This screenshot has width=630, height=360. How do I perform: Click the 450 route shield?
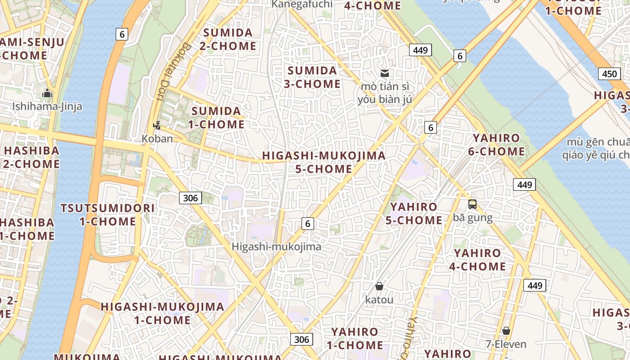point(609,74)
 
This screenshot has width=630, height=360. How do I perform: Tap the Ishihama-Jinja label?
point(47,107)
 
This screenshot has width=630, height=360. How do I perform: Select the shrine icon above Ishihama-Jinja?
point(47,94)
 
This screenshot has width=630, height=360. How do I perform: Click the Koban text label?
point(157,139)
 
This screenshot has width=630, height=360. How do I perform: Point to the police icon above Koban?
point(157,126)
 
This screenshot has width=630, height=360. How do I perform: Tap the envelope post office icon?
point(384,73)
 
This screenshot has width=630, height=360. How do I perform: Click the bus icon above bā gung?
point(472,204)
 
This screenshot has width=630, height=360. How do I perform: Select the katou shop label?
point(379,299)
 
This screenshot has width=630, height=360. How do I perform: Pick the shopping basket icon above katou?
point(379,286)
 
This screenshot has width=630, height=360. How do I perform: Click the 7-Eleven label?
point(506,344)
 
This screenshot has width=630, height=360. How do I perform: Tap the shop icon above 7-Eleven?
point(506,331)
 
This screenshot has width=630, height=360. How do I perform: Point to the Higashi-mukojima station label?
point(276,247)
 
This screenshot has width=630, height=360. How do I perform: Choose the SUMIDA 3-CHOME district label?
point(312,77)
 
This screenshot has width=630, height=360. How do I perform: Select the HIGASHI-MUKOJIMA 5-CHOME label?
point(324,162)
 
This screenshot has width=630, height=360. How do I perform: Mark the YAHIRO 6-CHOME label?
point(496,145)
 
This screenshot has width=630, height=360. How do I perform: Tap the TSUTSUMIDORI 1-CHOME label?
point(108,215)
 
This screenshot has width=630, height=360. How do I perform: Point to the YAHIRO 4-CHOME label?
point(477,260)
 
